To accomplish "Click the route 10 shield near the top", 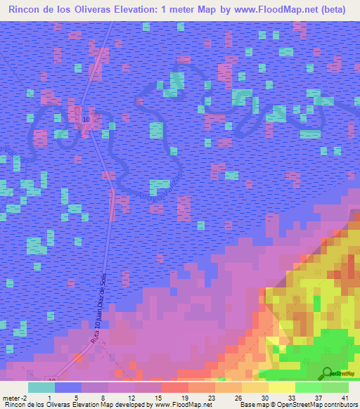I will pyautogui.click(x=86, y=120).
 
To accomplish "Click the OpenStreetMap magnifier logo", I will pyautogui.click(x=326, y=373).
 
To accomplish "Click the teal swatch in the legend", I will pyautogui.click(x=41, y=387).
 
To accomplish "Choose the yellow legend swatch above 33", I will pyautogui.click(x=281, y=387).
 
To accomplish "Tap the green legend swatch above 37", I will pyautogui.click(x=308, y=387).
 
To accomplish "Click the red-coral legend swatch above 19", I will pyautogui.click(x=174, y=387).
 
